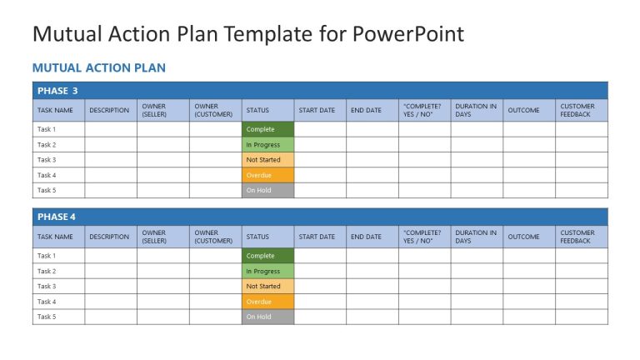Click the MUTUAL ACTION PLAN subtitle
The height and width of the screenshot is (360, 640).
pos(98,67)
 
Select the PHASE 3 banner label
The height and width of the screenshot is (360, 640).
pos(57,90)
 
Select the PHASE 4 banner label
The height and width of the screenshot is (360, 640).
pos(57,217)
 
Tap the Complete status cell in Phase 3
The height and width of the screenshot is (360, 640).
pos(267,129)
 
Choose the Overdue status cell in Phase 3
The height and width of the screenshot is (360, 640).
pos(267,175)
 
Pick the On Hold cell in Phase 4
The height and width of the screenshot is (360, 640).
pos(267,317)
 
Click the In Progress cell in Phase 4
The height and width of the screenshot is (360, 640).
pos(267,271)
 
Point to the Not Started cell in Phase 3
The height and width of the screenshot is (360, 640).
pos(267,160)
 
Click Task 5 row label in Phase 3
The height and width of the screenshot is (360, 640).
pos(47,191)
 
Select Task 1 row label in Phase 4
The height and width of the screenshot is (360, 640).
pos(47,256)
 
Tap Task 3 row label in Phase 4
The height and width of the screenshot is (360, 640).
pos(47,286)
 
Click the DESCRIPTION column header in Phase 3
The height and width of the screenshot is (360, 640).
pos(109,110)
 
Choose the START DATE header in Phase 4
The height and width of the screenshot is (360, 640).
pos(317,237)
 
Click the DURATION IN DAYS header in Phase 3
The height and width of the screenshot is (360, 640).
pos(476,110)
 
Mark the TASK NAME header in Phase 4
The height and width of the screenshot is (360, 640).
pos(55,237)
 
